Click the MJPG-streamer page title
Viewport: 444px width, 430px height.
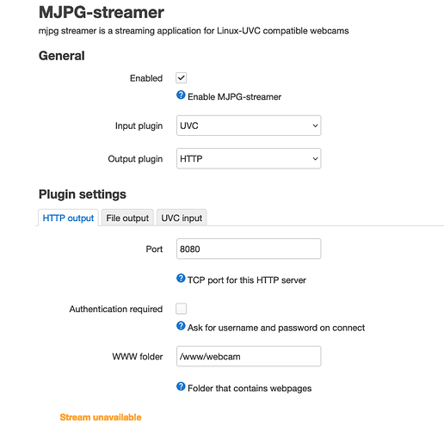[x=102, y=12]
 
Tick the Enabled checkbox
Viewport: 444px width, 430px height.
[x=182, y=78]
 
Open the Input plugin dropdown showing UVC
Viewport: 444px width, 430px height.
[x=249, y=126]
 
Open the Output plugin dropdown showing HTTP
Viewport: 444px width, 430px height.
[x=249, y=158]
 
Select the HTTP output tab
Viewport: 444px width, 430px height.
[x=68, y=218]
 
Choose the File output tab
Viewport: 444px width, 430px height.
[x=127, y=218]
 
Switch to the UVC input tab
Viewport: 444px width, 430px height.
[x=182, y=218]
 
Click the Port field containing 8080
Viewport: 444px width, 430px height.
[x=249, y=249]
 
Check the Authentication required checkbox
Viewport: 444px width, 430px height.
[x=182, y=309]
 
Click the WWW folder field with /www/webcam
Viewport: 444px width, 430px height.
[x=249, y=356]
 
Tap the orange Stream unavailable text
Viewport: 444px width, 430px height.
[x=101, y=417]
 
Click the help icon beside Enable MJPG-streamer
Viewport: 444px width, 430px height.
[x=181, y=95]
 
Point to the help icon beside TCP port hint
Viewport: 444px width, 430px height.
[x=181, y=278]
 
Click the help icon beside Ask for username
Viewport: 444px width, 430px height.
[x=181, y=326]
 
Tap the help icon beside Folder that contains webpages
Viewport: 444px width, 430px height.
[x=181, y=386]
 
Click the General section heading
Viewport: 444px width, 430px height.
[x=62, y=56]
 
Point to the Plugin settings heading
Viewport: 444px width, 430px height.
[x=83, y=194]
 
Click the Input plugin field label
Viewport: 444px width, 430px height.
[x=139, y=126]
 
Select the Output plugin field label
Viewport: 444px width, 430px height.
[x=135, y=159]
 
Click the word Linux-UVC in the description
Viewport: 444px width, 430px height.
[x=238, y=31]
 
